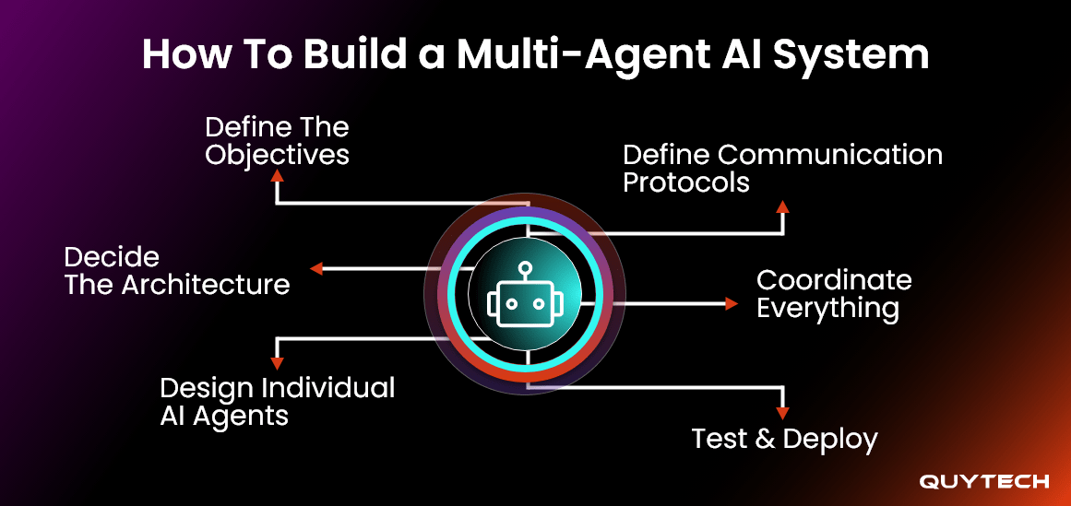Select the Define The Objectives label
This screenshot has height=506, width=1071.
277,140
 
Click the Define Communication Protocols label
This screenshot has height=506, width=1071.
782,168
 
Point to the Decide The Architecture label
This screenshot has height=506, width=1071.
176,270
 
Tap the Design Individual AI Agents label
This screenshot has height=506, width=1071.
277,401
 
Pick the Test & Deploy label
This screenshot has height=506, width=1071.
784,439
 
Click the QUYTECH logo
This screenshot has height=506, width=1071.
983,481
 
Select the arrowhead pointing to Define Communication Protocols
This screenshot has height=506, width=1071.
782,206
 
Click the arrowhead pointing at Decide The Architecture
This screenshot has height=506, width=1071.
315,269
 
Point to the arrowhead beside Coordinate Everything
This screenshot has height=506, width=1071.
732,303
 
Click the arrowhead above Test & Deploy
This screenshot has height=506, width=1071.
783,414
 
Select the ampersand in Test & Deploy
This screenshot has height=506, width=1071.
764,440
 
